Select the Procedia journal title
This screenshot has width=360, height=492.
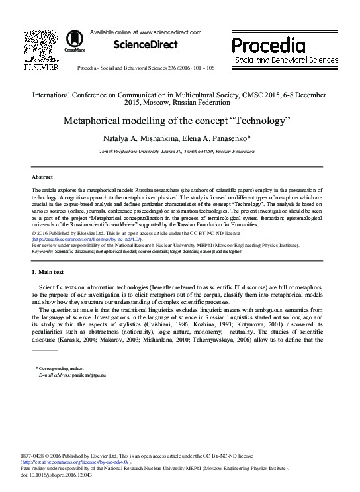[268, 45]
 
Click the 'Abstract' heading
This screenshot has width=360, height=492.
[42, 177]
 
